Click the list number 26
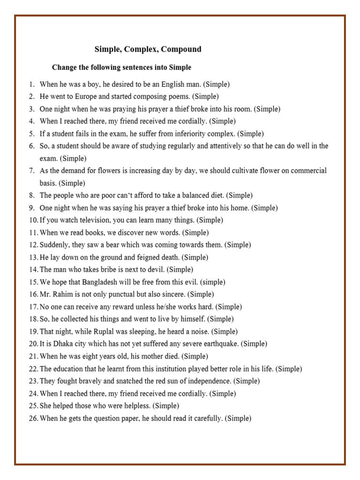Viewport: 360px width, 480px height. [33, 418]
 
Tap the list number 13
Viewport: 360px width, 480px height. [33, 257]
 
